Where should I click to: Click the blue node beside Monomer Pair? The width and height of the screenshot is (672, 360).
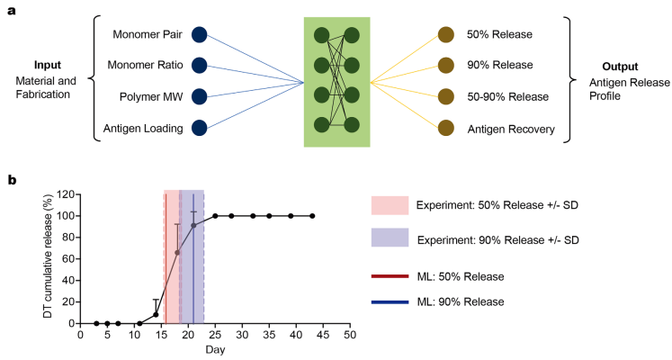point(200,35)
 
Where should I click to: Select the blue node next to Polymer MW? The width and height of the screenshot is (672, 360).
point(200,96)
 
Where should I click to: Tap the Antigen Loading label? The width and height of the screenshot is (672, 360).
point(143,129)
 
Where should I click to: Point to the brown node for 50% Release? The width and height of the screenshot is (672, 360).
point(446,35)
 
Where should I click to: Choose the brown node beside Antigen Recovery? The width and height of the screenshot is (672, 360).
point(446,128)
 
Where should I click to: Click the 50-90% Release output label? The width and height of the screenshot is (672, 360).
point(508,97)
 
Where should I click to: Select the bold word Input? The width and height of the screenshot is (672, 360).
point(48,66)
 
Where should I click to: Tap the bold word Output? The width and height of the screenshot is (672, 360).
point(620,67)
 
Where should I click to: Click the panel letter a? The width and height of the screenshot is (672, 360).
point(12,11)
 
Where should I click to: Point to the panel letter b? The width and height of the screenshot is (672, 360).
point(12,180)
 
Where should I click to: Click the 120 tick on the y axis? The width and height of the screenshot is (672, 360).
point(67,194)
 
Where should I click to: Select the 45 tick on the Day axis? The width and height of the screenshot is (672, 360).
point(323,334)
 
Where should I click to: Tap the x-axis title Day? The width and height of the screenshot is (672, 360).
point(215,350)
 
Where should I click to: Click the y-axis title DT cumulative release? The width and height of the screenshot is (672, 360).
point(48,256)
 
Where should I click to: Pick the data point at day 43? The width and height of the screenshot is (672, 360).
point(312,216)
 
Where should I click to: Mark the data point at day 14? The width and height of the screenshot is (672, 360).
point(156,315)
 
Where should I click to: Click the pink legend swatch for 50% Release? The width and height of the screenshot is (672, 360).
point(390,205)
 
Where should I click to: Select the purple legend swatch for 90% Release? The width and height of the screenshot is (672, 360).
point(390,238)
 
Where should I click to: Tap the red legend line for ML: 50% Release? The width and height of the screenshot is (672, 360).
point(390,276)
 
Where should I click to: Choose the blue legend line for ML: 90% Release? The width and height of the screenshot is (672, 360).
point(390,302)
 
